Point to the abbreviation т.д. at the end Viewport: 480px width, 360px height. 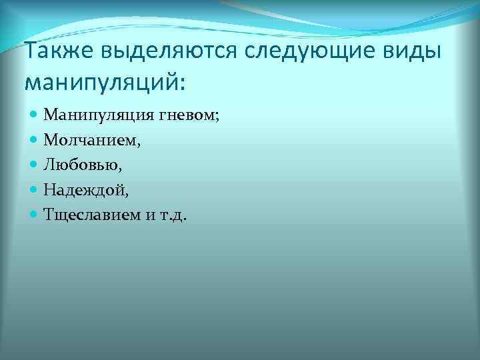tap(174, 215)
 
